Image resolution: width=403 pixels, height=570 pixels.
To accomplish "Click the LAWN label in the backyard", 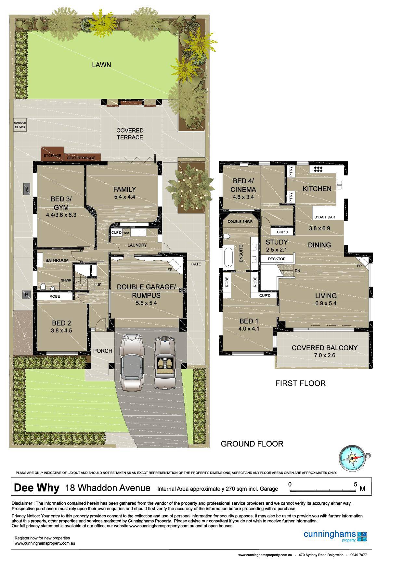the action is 101,65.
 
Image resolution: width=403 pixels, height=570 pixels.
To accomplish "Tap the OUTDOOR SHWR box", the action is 20,125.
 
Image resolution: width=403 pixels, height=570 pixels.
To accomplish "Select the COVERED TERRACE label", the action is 130,134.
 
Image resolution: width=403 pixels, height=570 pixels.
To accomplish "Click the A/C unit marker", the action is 27,189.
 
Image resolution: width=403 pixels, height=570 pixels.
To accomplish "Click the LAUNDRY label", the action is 137,245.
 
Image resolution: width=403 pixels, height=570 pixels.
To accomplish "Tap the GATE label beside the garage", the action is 196,264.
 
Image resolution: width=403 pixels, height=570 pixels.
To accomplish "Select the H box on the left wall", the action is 26,295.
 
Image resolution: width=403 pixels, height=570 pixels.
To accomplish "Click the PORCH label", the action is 103,351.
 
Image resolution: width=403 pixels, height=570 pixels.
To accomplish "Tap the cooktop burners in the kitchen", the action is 318,169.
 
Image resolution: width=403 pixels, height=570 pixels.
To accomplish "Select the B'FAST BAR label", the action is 324,217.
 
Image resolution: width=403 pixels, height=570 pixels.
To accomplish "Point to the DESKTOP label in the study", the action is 277,259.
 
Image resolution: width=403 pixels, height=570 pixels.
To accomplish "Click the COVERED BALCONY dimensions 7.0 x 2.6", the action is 324,355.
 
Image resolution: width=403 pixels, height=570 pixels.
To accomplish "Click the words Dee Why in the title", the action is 37,488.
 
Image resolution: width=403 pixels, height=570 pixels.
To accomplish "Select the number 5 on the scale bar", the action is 356,484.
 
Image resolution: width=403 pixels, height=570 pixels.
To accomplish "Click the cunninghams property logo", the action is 335,536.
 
